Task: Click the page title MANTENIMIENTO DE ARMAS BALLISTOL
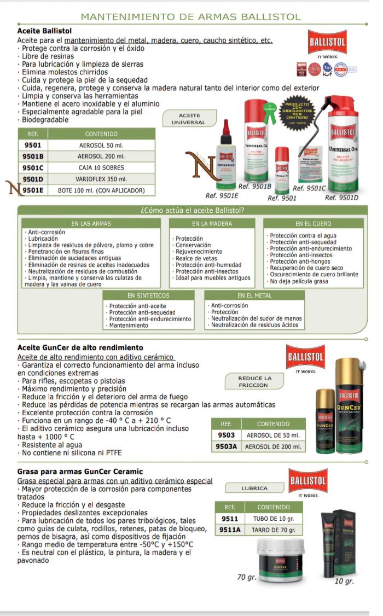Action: coord(190,17)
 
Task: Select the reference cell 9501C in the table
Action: coord(33,167)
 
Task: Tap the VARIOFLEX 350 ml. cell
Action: coord(101,179)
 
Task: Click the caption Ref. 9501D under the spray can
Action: coord(342,197)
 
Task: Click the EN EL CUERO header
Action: coord(312,223)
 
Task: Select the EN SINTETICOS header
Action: coord(148,295)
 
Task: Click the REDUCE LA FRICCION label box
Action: coord(254,381)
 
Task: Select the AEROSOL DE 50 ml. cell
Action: coord(272,435)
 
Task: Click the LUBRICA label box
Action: coord(254,488)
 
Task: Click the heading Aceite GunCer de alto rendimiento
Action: coord(80,347)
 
